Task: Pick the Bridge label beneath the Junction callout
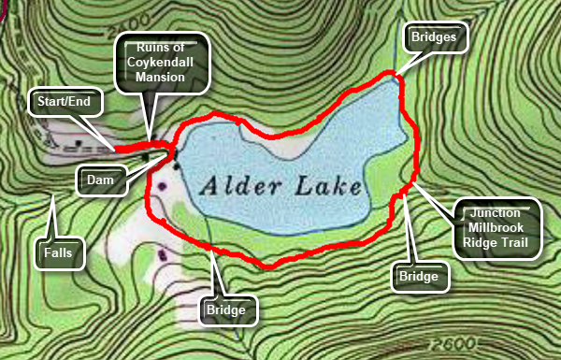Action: [x=418, y=277]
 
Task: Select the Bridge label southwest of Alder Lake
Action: [x=227, y=309]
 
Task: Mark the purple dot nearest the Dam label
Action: [x=163, y=186]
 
